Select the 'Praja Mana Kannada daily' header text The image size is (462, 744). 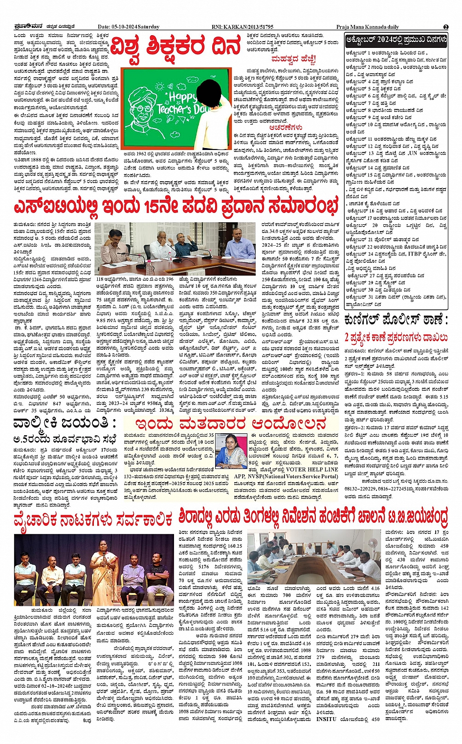(x=367, y=27)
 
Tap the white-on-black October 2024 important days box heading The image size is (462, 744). (x=396, y=40)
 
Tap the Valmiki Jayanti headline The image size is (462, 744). (x=65, y=423)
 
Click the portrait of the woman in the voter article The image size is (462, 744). (x=231, y=452)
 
